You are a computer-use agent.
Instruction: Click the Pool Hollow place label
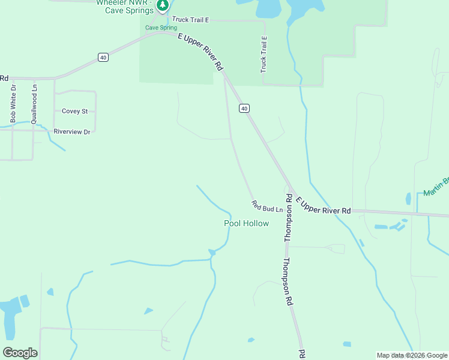coord(246,223)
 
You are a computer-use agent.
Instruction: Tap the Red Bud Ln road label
coord(267,206)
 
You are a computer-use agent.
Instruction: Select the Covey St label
coord(75,111)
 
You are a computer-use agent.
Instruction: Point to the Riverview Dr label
coord(71,131)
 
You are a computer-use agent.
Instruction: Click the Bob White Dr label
coord(13,103)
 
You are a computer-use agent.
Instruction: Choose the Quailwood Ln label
coord(34,103)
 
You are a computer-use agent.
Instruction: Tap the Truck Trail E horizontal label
coord(190,20)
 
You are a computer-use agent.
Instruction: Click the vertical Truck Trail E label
coord(263,54)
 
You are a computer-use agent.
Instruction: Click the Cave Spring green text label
coord(161,28)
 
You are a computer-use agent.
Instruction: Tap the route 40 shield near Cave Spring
coord(104,57)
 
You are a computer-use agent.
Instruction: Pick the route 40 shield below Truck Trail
coord(243,108)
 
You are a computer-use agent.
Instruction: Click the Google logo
coord(20,353)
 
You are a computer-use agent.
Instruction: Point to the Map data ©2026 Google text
coord(412,355)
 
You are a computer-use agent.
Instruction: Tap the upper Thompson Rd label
coord(288,218)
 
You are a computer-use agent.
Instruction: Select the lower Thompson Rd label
coord(288,282)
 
